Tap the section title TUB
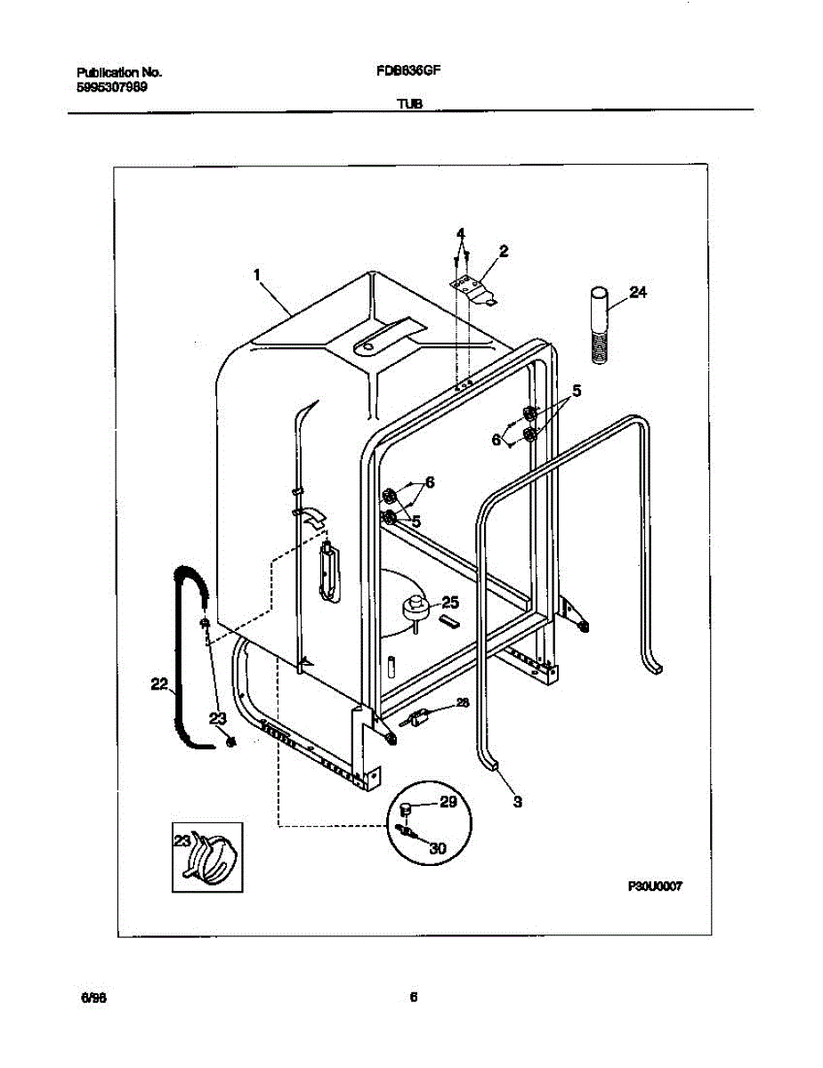pos(409,103)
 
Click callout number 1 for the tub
pos(256,276)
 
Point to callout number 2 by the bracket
pos(504,252)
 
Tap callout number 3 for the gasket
pos(517,801)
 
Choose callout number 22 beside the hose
pos(159,684)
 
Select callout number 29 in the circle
pos(448,803)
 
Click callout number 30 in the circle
pos(437,848)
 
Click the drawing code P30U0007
pos(654,886)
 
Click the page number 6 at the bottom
pos(413,998)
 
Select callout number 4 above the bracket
pos(460,234)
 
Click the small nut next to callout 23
pos(231,741)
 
